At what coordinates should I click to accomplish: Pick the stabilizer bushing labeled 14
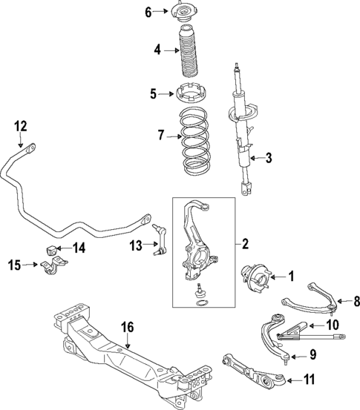(52, 247)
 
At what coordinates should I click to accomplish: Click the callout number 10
(330, 324)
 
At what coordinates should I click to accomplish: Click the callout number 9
(312, 354)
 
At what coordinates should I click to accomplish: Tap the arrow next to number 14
(63, 247)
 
